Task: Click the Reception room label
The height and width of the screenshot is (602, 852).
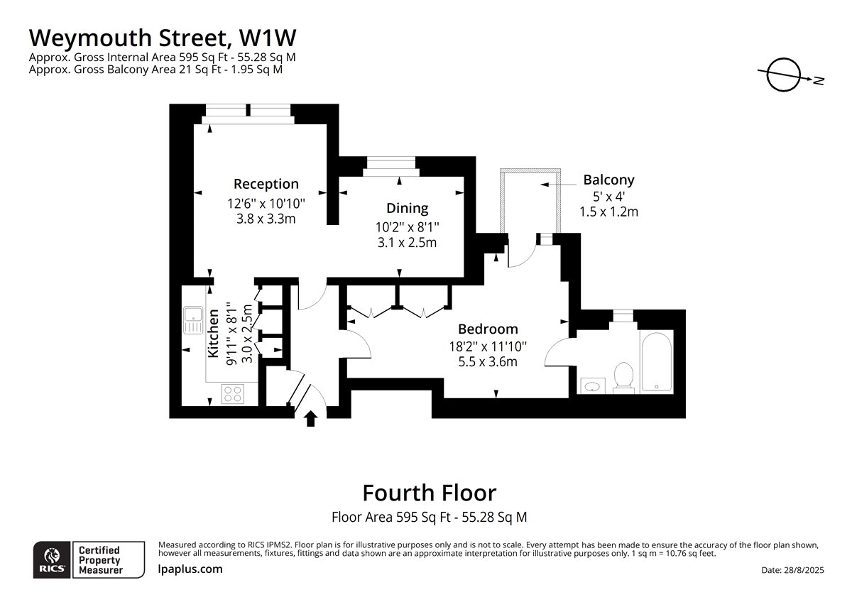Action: [266, 184]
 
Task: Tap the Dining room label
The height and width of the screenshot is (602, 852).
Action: [407, 208]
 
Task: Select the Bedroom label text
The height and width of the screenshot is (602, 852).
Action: [488, 329]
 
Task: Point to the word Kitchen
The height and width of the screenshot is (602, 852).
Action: [214, 334]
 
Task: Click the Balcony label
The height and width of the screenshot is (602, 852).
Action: [608, 180]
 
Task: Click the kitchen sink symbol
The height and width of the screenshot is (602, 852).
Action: [194, 320]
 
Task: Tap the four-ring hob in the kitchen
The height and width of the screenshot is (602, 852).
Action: [233, 393]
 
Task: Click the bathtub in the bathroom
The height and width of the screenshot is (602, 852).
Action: [657, 361]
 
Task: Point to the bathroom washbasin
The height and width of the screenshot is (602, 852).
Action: [592, 386]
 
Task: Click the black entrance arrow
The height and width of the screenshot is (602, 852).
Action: [311, 418]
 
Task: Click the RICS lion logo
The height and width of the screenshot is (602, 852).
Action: [52, 559]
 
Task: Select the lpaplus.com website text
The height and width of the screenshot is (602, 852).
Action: [190, 569]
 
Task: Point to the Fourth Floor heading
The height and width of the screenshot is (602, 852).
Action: [430, 493]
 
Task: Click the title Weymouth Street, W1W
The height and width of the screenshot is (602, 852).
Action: [163, 38]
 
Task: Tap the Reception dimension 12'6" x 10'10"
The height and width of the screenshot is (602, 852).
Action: [266, 204]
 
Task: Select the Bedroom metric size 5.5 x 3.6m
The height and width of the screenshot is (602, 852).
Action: [488, 361]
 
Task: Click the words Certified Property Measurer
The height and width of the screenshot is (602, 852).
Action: [100, 560]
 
